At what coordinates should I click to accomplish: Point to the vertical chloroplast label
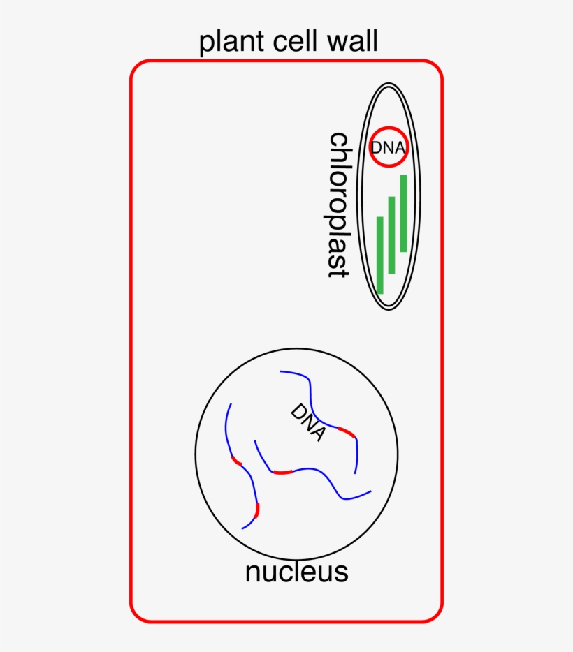339,205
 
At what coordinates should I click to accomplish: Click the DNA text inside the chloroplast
388,148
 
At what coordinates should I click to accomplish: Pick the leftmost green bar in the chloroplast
380,255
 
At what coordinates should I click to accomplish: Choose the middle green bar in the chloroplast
392,235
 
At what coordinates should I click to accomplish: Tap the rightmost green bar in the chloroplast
403,213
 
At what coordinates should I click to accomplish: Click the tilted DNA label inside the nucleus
308,422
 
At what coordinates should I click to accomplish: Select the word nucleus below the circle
296,572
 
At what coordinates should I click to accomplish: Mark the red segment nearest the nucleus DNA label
347,433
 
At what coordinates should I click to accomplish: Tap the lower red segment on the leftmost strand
257,510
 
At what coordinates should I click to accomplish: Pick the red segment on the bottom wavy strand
282,473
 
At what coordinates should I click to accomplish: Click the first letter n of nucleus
253,573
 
